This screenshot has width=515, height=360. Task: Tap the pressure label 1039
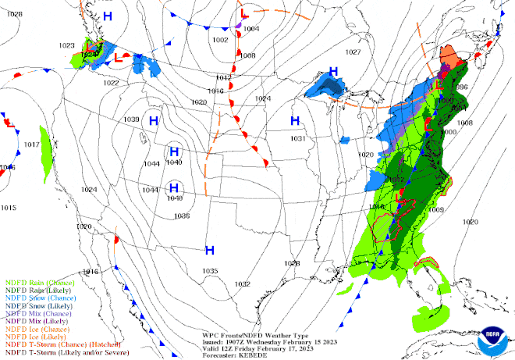click(132, 119)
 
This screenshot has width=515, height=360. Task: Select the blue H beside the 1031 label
click(296, 120)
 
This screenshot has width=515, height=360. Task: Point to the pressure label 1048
click(174, 198)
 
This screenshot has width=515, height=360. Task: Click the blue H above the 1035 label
click(210, 250)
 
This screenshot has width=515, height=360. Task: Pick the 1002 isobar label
click(221, 40)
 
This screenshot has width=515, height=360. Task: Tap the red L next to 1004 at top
click(244, 14)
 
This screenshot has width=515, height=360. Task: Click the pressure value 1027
click(353, 52)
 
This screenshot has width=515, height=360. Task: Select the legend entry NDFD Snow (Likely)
click(36, 305)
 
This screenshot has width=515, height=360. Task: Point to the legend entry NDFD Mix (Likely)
click(33, 320)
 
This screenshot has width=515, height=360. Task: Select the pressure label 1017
click(31, 145)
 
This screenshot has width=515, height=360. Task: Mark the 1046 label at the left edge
click(8, 167)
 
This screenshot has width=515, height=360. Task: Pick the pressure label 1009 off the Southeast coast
click(436, 209)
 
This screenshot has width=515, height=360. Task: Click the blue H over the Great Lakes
click(334, 72)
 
